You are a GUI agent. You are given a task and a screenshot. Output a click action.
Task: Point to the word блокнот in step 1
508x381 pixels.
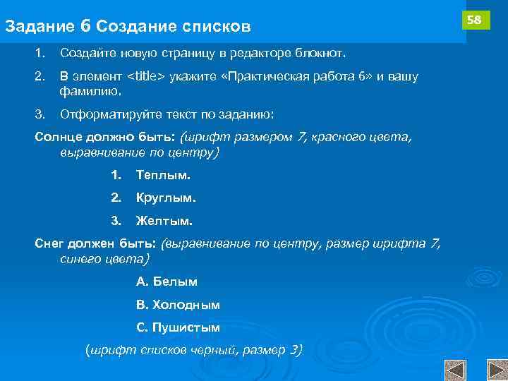pyautogui.click(x=325, y=54)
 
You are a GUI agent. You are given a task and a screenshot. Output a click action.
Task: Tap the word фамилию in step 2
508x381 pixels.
pyautogui.click(x=91, y=91)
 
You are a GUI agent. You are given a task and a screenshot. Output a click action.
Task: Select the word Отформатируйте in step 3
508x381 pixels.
pyautogui.click(x=103, y=114)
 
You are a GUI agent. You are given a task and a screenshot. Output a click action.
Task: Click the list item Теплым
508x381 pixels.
pyautogui.click(x=163, y=174)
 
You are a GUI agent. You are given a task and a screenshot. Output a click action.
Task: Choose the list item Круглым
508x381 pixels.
pyautogui.click(x=166, y=198)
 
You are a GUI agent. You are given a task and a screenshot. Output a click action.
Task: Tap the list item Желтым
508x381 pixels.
pyautogui.click(x=164, y=221)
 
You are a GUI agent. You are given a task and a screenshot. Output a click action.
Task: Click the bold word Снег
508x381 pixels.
pyautogui.click(x=49, y=244)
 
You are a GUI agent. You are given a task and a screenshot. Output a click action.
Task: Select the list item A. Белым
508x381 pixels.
pyautogui.click(x=167, y=282)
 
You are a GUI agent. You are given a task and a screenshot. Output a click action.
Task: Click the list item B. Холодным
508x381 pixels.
pyautogui.click(x=178, y=305)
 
